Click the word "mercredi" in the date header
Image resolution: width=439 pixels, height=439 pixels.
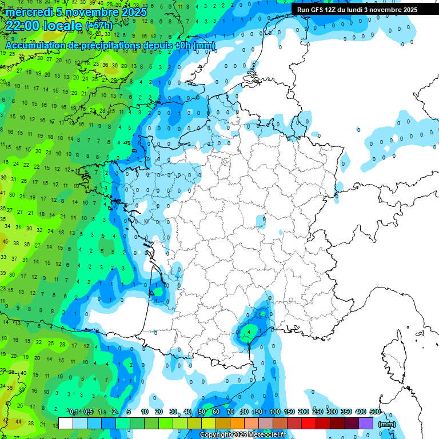pyautogui.click(x=28, y=12)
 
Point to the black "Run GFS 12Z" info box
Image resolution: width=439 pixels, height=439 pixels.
pyautogui.click(x=357, y=10)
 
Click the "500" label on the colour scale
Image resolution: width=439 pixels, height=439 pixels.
pyautogui.click(x=375, y=412)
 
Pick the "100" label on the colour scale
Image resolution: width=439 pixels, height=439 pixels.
pyautogui.click(x=275, y=412)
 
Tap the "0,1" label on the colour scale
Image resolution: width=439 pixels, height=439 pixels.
pyautogui.click(x=74, y=412)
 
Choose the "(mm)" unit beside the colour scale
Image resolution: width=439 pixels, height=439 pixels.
pyautogui.click(x=387, y=424)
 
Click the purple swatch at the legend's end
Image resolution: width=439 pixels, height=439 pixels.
pyautogui.click(x=366, y=423)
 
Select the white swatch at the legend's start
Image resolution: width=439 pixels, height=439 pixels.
pyautogui.click(x=66, y=423)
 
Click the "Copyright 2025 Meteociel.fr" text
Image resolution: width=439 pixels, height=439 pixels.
pyautogui.click(x=243, y=435)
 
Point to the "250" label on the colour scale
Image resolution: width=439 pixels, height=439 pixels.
pyautogui.click(x=318, y=412)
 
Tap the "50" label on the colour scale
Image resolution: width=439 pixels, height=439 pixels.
pyautogui.click(x=202, y=412)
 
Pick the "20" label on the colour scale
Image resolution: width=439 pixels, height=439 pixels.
pyautogui.click(x=159, y=412)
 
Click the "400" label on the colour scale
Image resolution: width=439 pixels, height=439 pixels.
pyautogui.click(x=361, y=412)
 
